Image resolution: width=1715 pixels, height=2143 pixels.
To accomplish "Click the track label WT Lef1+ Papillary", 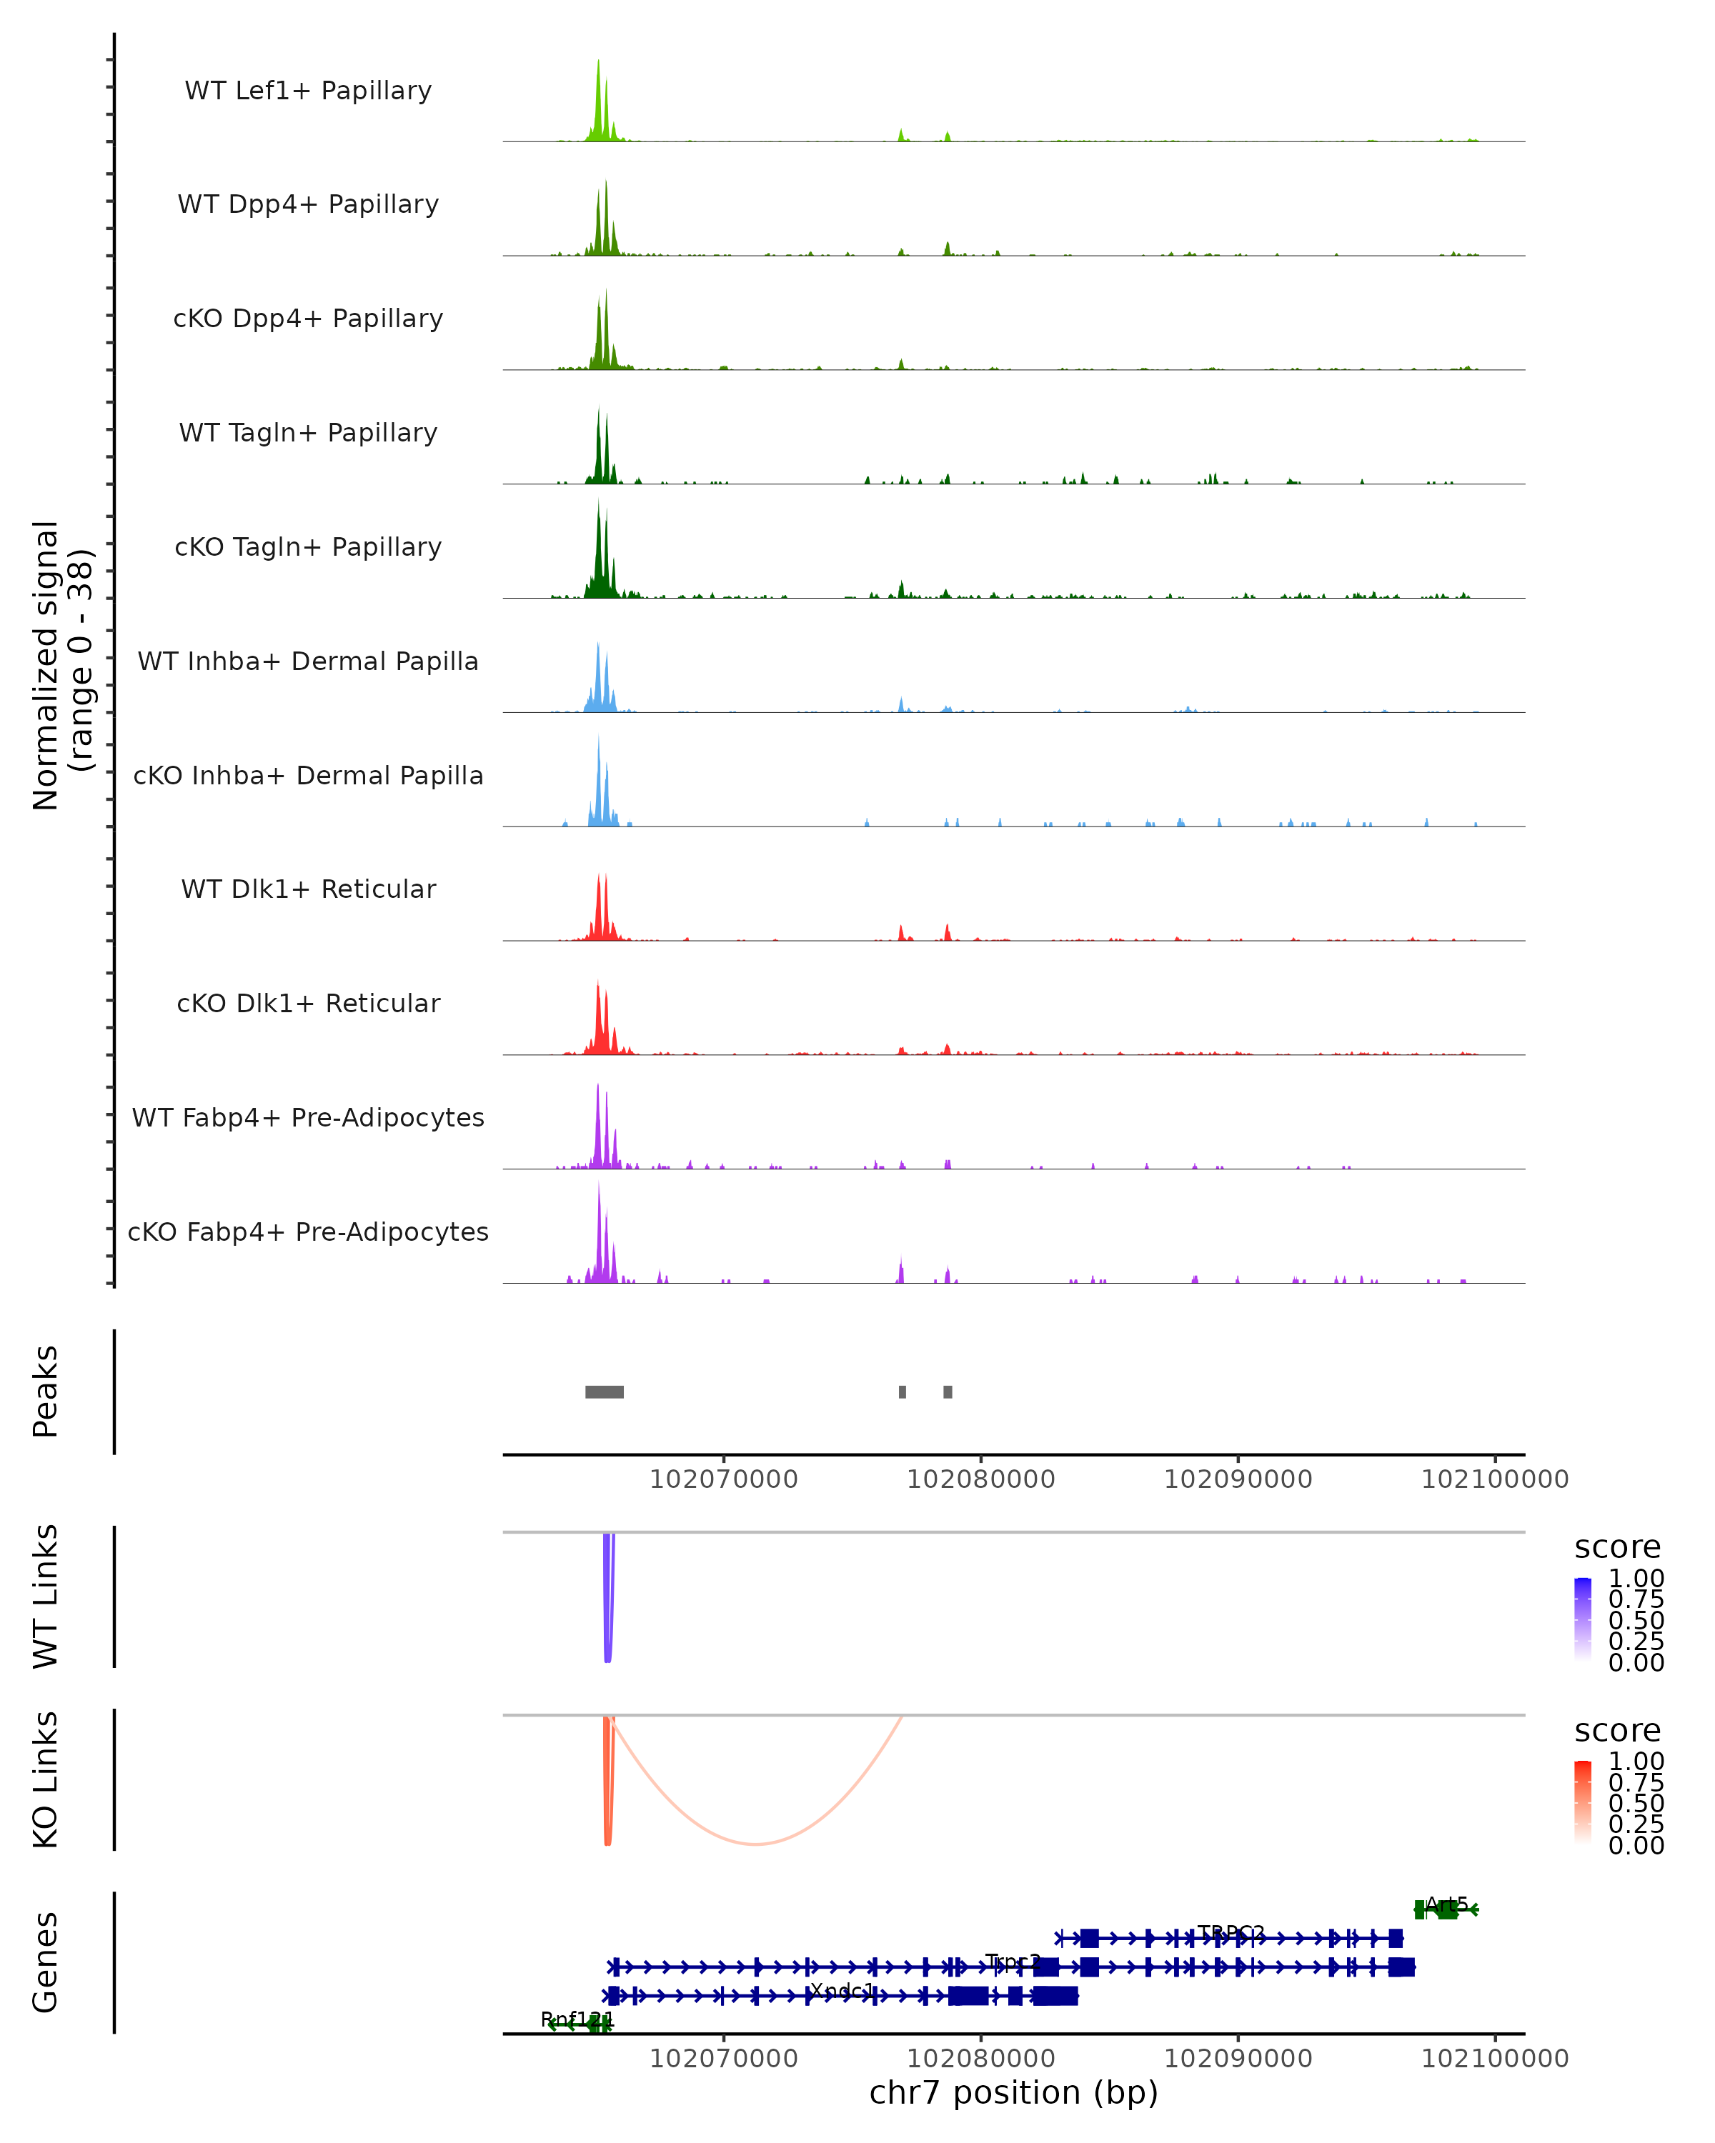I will point(308,91).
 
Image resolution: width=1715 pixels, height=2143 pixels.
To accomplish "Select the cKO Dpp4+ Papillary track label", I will point(308,318).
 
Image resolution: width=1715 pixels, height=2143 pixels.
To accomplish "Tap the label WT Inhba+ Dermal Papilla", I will point(308,661).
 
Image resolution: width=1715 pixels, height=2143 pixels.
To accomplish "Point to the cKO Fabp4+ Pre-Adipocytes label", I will point(308,1232).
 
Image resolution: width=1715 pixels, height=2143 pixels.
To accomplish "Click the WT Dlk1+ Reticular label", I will point(308,889).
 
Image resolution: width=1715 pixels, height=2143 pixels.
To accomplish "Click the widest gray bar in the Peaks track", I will point(605,1392).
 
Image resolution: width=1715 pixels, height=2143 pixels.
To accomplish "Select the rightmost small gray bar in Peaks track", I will point(948,1392).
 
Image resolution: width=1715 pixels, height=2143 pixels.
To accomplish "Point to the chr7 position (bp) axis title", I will point(1013,2092).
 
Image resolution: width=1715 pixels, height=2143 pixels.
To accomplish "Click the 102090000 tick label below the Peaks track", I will point(1238,1479).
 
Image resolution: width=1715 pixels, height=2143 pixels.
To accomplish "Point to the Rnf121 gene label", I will point(577,2019).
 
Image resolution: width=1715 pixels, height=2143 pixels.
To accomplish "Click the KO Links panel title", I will point(46,1779).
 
